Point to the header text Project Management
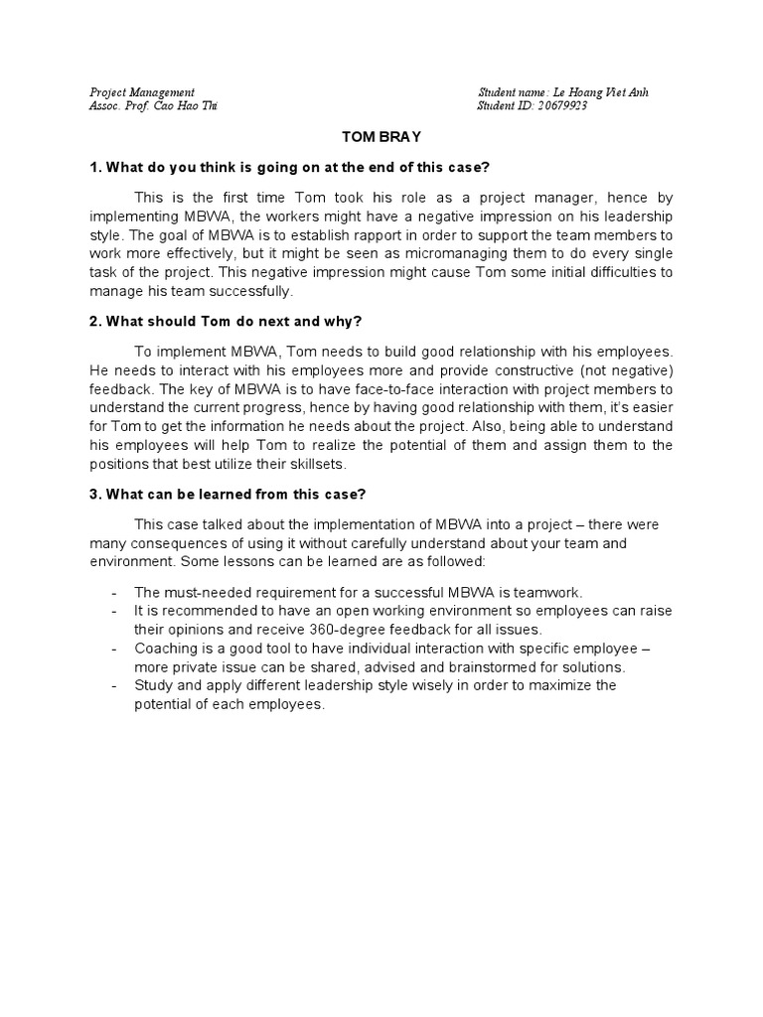coord(142,92)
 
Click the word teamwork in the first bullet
coord(550,591)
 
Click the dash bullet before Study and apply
coord(115,686)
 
